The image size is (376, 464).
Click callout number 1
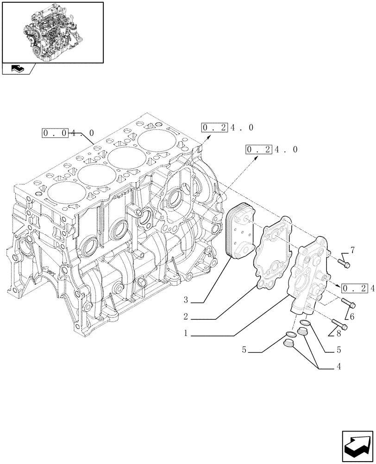(x=185, y=334)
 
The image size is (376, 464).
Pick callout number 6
(x=352, y=316)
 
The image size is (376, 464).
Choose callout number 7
(x=352, y=251)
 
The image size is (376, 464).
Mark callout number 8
(x=338, y=333)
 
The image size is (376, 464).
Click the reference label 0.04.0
(x=68, y=133)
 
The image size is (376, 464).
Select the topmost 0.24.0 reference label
(x=227, y=128)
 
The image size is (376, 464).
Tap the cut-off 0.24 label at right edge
(x=358, y=289)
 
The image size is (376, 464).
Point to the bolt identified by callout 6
(x=350, y=304)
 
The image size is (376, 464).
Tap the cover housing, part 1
(x=307, y=274)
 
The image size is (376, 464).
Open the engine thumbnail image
(x=52, y=32)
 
